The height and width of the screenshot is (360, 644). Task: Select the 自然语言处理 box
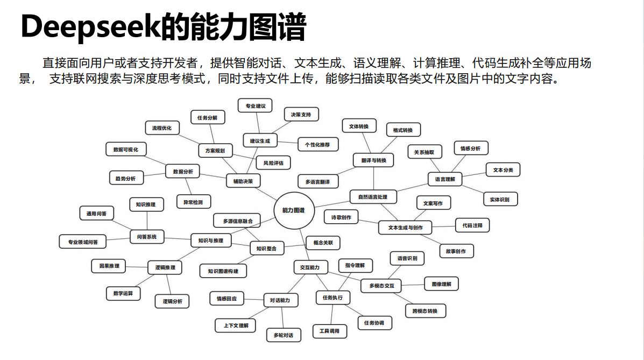pyautogui.click(x=373, y=197)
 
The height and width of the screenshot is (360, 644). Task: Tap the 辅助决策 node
pyautogui.click(x=243, y=181)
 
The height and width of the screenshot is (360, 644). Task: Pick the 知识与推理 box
pyautogui.click(x=211, y=240)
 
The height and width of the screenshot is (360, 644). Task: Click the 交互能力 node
pyautogui.click(x=310, y=267)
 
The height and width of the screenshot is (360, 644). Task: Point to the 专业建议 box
pyautogui.click(x=256, y=106)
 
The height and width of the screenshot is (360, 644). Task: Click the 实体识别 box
pyautogui.click(x=500, y=200)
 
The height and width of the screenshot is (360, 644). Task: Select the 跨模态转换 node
pyautogui.click(x=425, y=311)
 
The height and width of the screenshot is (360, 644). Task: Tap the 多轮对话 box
pyautogui.click(x=284, y=335)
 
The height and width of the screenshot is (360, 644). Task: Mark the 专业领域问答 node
pyautogui.click(x=83, y=242)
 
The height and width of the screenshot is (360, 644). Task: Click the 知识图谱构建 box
pyautogui.click(x=223, y=271)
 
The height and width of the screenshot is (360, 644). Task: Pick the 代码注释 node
pyautogui.click(x=472, y=225)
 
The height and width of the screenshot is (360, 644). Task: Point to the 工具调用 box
pyautogui.click(x=330, y=331)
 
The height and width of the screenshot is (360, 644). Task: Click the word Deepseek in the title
pyautogui.click(x=89, y=27)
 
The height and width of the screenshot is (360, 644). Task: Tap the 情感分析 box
pyautogui.click(x=471, y=149)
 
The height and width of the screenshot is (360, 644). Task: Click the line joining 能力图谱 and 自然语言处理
pyautogui.click(x=332, y=203)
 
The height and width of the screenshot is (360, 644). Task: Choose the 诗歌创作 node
pyautogui.click(x=341, y=217)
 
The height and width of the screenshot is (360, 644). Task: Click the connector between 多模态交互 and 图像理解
pyautogui.click(x=413, y=285)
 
